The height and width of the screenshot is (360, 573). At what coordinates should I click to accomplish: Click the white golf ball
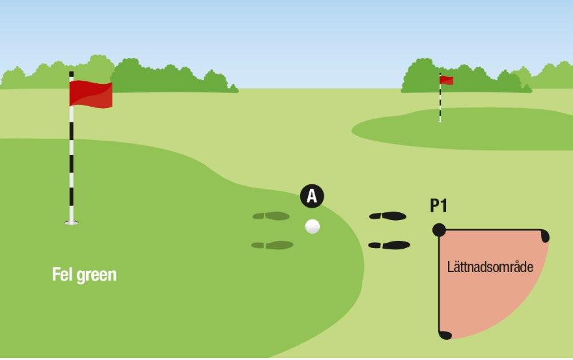pos(313,227)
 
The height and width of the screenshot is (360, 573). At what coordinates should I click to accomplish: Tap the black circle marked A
pos(312,196)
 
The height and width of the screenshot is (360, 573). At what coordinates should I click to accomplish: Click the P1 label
pos(438,206)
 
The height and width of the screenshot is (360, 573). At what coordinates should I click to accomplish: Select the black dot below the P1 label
pos(440,230)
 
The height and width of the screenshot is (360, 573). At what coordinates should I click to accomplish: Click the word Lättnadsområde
pos(490,267)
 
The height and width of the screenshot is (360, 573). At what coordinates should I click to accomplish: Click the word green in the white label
pos(96,275)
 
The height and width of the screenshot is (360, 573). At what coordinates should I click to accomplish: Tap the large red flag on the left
pos(91,94)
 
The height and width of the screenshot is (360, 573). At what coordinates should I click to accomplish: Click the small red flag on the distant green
pos(447,80)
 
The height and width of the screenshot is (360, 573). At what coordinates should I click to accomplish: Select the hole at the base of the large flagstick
pos(71,222)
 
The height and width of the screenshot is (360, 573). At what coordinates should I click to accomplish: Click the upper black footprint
pos(387,216)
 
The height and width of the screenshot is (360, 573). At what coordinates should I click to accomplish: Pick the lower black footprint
pos(389,245)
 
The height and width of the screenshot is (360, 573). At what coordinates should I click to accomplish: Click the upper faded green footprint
pos(271,216)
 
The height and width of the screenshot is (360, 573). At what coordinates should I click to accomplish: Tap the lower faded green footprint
pos(273,245)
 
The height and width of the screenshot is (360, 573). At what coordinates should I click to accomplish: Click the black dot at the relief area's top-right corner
pos(544,236)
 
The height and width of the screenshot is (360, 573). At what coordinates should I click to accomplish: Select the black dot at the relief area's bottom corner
pos(445,335)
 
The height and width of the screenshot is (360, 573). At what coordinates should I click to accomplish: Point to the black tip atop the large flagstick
pos(71,74)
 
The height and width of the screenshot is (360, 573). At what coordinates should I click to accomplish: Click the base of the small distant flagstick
pos(440,120)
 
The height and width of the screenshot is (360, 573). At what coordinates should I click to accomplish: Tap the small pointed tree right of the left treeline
pos(233,88)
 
